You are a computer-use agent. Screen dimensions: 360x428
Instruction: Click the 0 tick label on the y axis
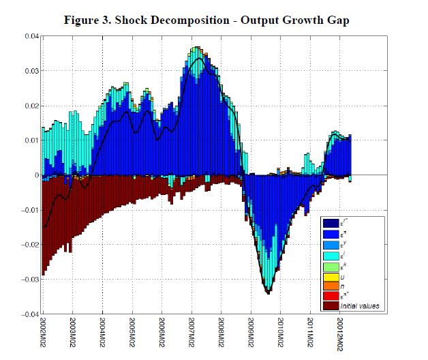(35, 175)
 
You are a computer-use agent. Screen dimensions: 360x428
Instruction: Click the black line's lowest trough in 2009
(268, 293)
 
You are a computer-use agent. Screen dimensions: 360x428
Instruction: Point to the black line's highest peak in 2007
(198, 59)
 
